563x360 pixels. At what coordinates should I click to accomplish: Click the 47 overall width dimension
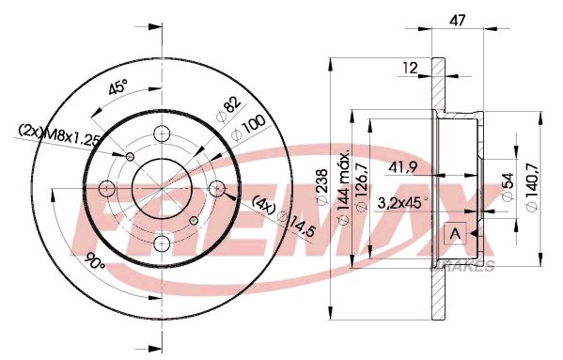click(458, 21)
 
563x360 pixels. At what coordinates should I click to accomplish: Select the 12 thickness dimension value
click(410, 68)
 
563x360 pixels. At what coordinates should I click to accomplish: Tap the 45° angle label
click(117, 86)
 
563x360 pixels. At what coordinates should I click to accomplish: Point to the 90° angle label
click(95, 261)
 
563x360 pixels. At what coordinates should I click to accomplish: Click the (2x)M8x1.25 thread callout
click(59, 134)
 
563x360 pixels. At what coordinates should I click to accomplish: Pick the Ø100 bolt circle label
click(248, 129)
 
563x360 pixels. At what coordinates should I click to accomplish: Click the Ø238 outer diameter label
click(321, 187)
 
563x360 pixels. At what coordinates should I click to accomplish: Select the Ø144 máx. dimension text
click(344, 186)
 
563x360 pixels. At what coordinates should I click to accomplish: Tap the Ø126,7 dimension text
click(362, 187)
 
